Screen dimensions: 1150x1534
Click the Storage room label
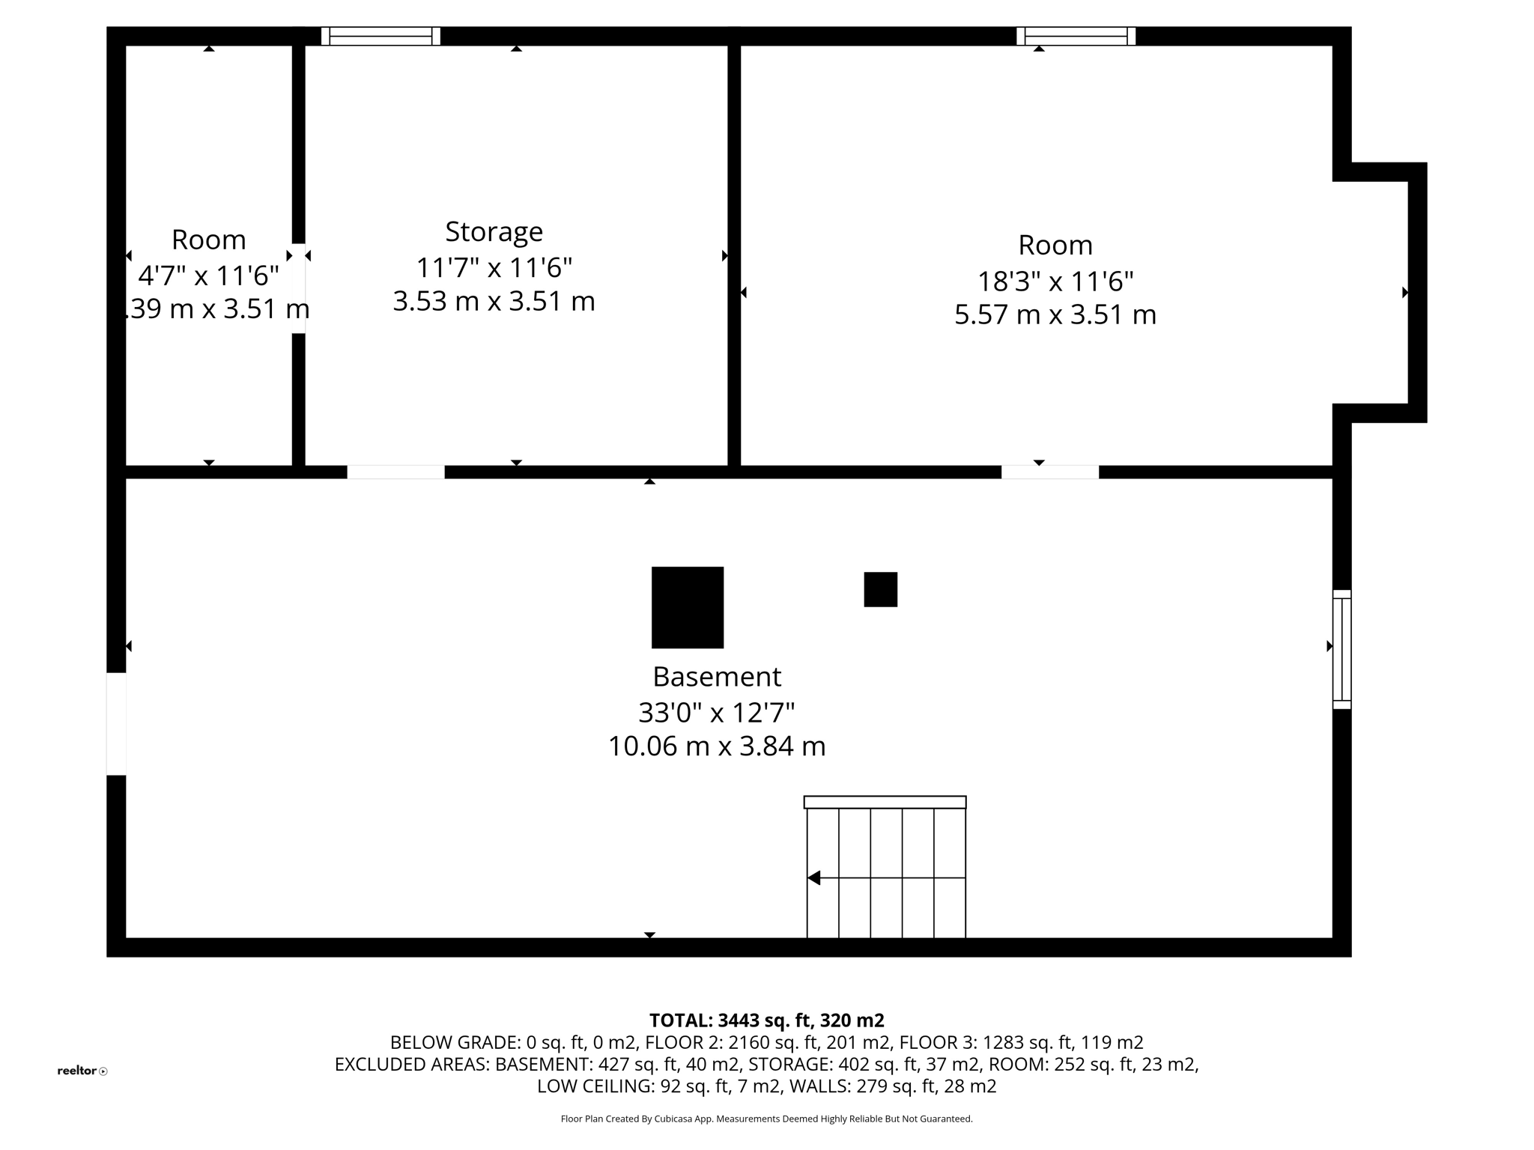pyautogui.click(x=494, y=231)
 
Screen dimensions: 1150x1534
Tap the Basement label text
pyautogui.click(x=717, y=677)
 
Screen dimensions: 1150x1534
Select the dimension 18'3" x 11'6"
pyautogui.click(x=1055, y=282)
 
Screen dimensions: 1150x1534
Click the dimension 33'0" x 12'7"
pyautogui.click(x=716, y=712)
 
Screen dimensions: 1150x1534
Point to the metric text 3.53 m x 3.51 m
pyautogui.click(x=494, y=301)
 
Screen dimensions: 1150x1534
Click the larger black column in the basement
pyautogui.click(x=687, y=607)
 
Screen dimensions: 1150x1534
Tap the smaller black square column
pyautogui.click(x=880, y=589)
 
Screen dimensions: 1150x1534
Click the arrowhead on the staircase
pyautogui.click(x=814, y=877)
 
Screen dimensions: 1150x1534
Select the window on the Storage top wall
pyautogui.click(x=381, y=36)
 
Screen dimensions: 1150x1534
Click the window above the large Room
pyautogui.click(x=1076, y=36)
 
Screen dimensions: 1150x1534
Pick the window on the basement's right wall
pyautogui.click(x=1342, y=649)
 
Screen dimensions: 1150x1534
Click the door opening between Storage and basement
pyautogui.click(x=395, y=472)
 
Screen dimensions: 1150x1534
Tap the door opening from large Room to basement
pyautogui.click(x=1050, y=472)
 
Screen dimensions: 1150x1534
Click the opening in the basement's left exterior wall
pyautogui.click(x=116, y=724)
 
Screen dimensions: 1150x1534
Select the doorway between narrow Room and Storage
pyautogui.click(x=298, y=288)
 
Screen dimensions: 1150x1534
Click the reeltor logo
pyautogui.click(x=82, y=1071)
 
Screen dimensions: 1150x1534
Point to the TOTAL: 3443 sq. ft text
pyautogui.click(x=766, y=1020)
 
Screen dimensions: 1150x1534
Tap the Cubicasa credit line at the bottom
pyautogui.click(x=766, y=1119)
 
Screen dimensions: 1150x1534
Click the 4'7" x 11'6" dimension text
pyautogui.click(x=208, y=276)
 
